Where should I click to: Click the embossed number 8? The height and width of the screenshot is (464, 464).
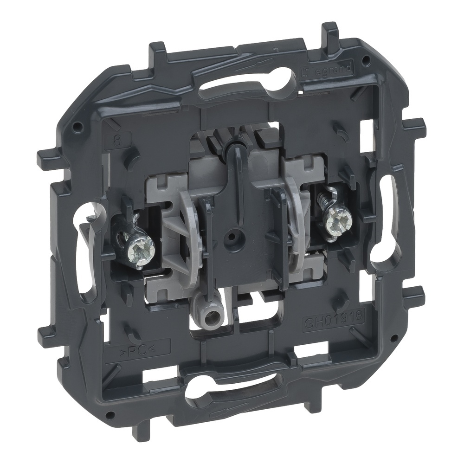tap(117, 140)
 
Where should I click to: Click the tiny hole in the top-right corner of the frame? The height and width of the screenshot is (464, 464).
tap(367, 59)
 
